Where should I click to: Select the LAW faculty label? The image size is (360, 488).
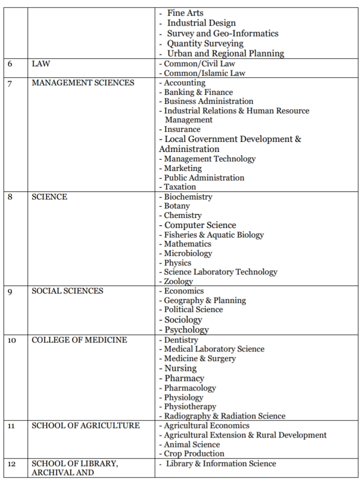coord(40,64)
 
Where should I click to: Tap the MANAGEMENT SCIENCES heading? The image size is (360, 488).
coord(83,83)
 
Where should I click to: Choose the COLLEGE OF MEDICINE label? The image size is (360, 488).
coord(79,340)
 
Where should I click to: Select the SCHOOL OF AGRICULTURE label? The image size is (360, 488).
coord(85,425)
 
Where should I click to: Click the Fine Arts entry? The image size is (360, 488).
coord(185,13)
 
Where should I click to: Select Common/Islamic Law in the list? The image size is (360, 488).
coord(198,73)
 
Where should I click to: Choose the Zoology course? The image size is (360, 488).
coord(178,281)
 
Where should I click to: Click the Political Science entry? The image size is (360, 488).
coord(193,309)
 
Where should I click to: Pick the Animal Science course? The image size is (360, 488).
coord(192,444)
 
